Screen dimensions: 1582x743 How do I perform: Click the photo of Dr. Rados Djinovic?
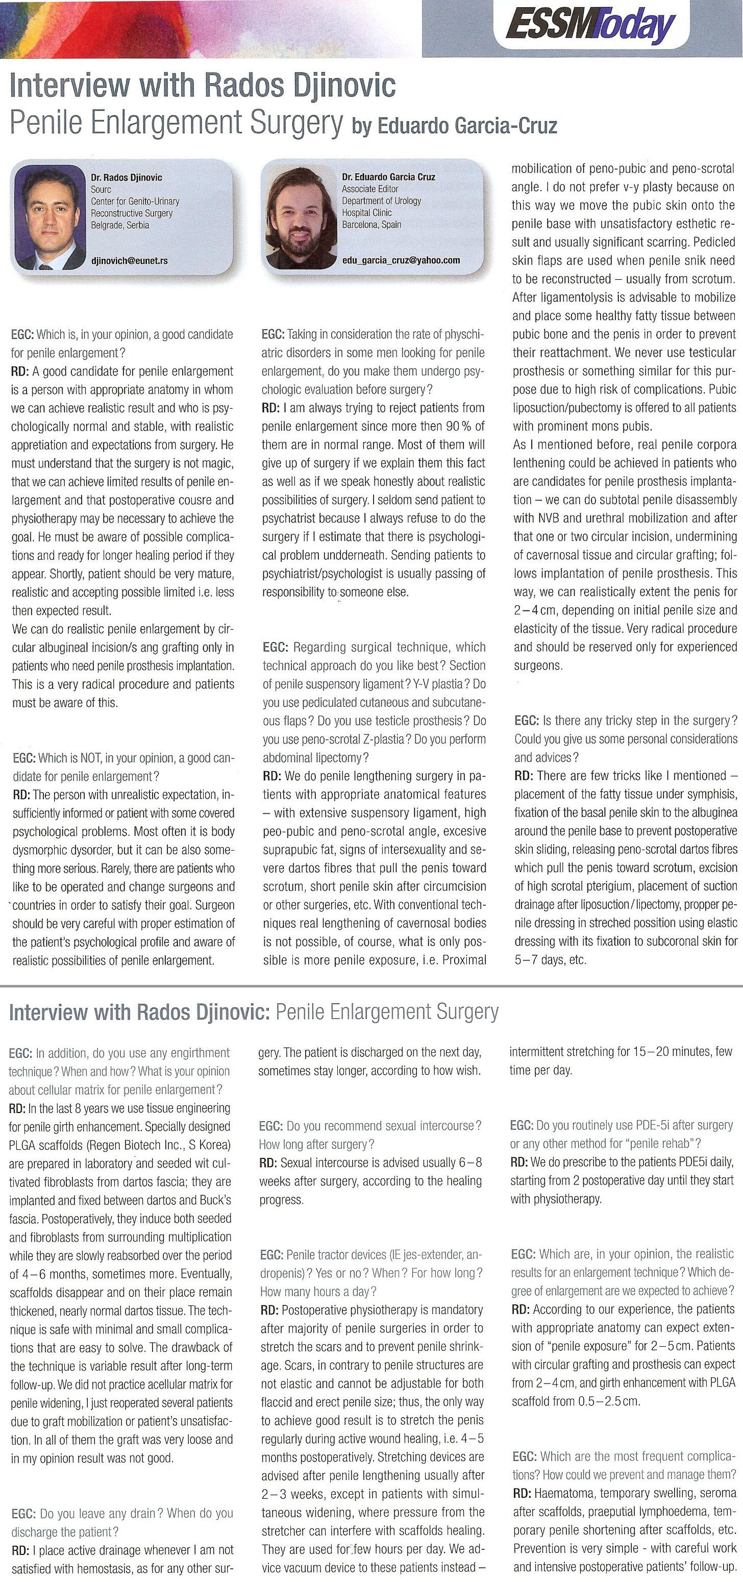tap(48, 217)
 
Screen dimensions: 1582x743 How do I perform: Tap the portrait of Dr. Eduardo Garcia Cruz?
tap(299, 216)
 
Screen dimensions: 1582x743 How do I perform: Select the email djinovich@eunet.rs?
tap(129, 260)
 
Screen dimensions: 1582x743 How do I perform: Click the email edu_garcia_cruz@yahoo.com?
tap(401, 260)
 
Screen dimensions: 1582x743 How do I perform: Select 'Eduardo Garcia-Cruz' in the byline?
tap(467, 126)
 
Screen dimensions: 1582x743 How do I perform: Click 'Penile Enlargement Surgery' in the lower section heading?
tap(387, 1011)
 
